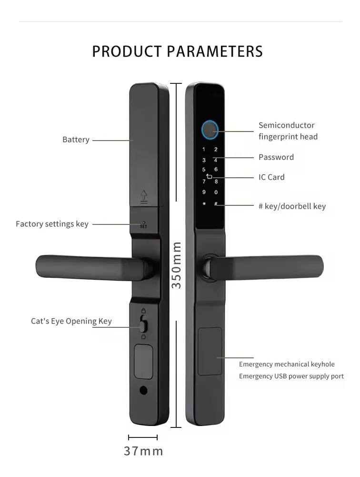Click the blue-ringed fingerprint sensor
click(210, 130)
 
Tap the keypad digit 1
click(204, 149)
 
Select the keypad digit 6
click(216, 169)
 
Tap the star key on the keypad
click(204, 203)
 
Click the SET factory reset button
click(143, 225)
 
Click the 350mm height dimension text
click(176, 265)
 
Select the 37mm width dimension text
click(143, 451)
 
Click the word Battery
click(76, 140)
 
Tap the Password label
click(276, 157)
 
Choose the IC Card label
click(271, 177)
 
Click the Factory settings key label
click(52, 224)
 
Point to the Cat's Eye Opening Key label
click(71, 321)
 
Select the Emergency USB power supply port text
click(291, 376)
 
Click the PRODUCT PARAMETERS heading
click(177, 51)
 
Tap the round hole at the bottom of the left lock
click(143, 390)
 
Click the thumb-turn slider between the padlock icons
click(143, 324)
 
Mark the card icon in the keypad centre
click(209, 176)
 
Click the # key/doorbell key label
click(292, 206)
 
